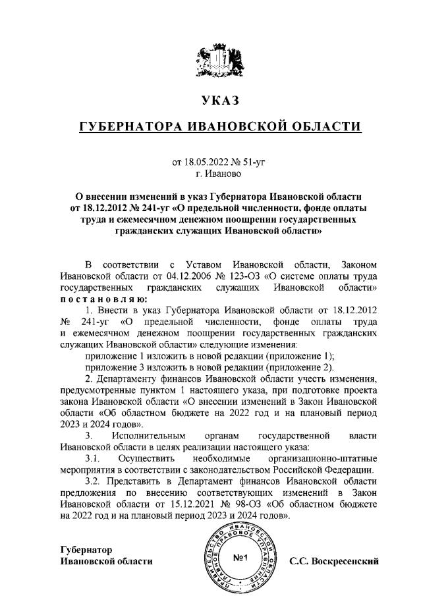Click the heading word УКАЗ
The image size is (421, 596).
[x=210, y=101]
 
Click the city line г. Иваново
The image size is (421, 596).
[x=210, y=174]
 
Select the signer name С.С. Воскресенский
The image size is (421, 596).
[x=334, y=562]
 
